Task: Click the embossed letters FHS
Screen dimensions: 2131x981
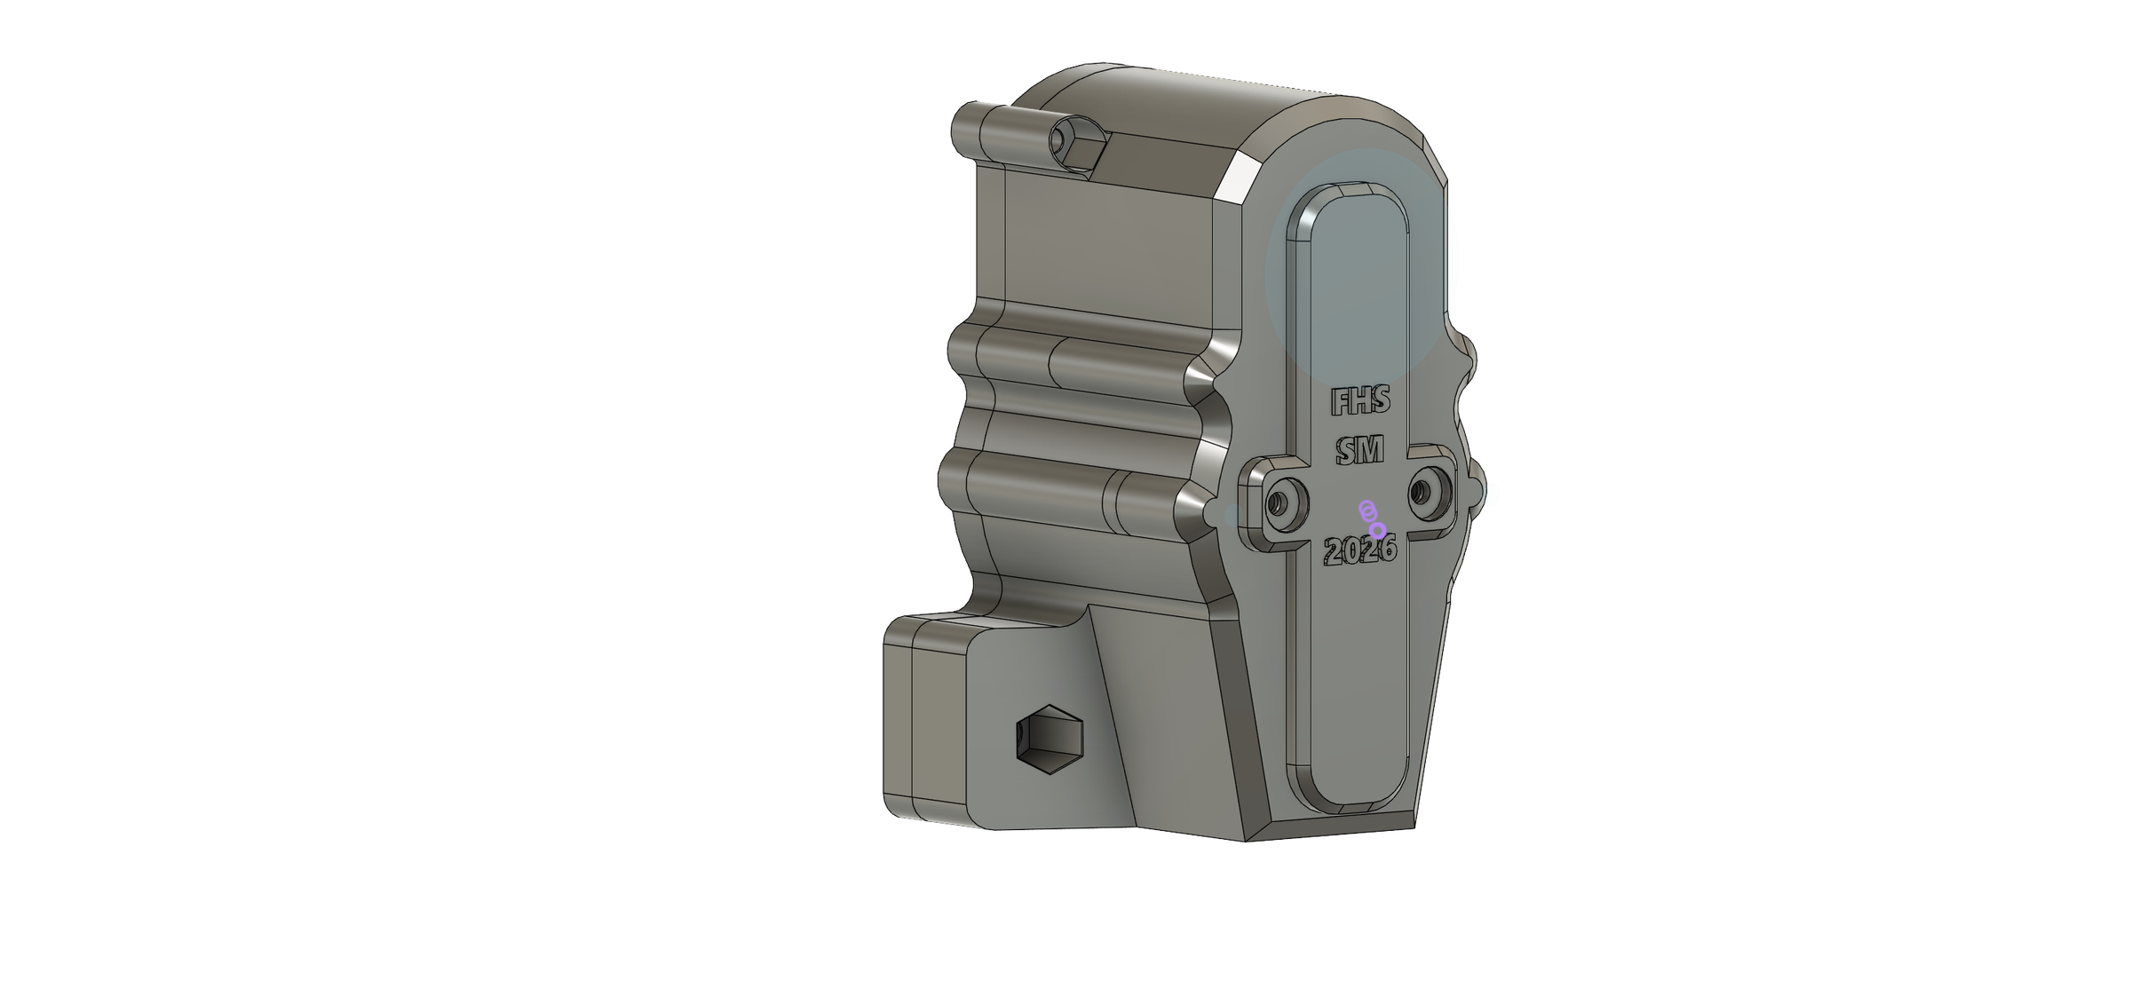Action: click(1360, 402)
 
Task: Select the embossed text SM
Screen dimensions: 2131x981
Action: click(1360, 453)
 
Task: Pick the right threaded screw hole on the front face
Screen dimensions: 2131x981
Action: click(1429, 492)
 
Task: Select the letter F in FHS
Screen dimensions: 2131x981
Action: click(1339, 403)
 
